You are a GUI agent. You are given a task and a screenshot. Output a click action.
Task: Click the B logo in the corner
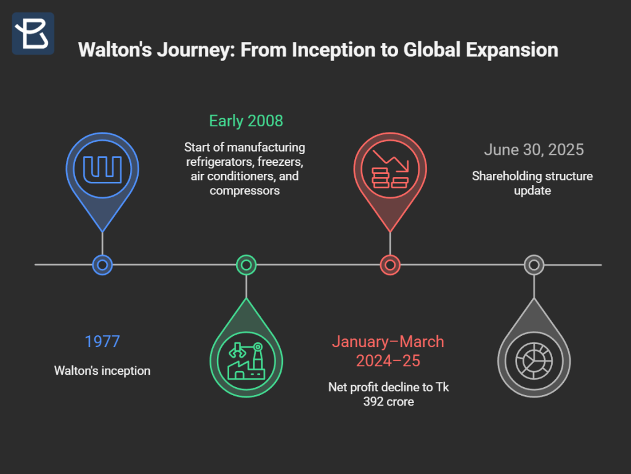click(33, 33)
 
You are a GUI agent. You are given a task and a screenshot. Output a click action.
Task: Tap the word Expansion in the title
click(512, 50)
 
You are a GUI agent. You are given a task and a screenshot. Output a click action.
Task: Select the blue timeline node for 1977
click(102, 265)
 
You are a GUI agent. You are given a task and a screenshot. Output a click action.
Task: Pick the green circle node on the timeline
click(246, 265)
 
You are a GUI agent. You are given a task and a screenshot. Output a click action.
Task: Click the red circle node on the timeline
click(390, 265)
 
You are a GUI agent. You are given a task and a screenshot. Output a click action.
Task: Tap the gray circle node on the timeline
click(534, 265)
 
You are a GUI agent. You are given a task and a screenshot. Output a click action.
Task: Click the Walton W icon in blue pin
click(102, 170)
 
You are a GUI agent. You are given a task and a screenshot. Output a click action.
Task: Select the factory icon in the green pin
click(246, 361)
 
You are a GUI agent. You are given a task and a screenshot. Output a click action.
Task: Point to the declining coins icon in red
click(390, 169)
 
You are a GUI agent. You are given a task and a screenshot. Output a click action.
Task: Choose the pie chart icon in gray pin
click(534, 361)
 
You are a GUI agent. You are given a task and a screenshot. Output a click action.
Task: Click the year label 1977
click(102, 341)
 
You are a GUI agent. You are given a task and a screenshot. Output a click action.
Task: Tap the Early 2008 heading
click(246, 121)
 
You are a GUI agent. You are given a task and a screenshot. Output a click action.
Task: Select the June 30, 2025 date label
click(534, 150)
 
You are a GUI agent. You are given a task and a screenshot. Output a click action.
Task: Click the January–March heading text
click(388, 341)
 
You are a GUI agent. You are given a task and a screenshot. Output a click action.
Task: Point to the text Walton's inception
click(102, 370)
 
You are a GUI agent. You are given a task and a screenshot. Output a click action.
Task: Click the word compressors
click(245, 190)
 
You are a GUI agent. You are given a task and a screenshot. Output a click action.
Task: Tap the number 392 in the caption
click(372, 401)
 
